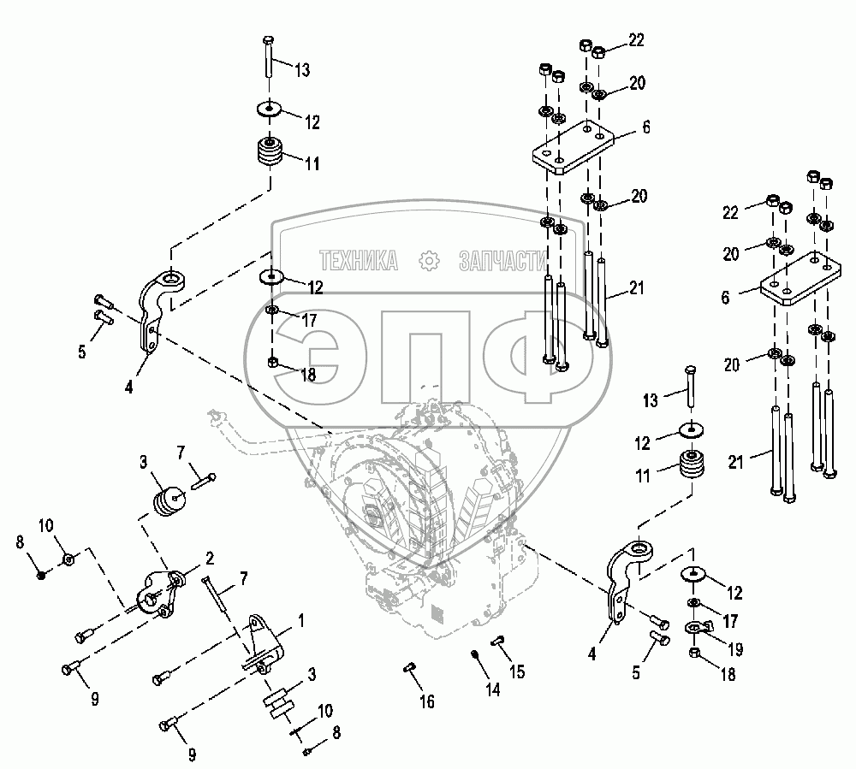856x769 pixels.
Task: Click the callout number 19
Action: (x=734, y=649)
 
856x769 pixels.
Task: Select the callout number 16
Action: (x=426, y=701)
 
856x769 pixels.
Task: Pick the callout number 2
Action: (x=207, y=558)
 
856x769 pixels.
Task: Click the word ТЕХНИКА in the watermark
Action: (x=360, y=260)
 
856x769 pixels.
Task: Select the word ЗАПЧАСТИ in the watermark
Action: (x=502, y=260)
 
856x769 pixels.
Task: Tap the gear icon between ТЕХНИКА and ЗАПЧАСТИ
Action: (x=430, y=260)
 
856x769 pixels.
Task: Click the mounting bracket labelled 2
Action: (x=161, y=590)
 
